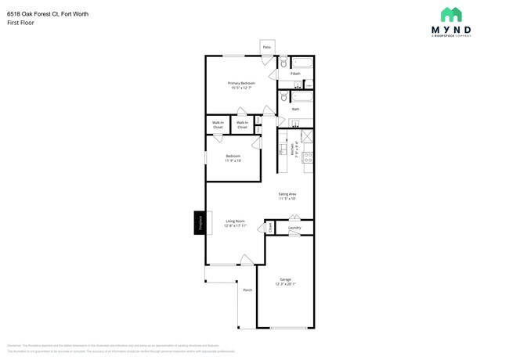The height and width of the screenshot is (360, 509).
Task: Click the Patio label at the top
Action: [267, 47]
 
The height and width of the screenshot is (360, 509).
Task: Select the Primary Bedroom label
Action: [241, 83]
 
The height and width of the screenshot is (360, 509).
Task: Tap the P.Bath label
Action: [295, 74]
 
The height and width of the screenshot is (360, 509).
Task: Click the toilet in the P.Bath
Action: [283, 64]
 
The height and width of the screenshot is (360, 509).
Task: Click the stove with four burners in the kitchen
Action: [308, 157]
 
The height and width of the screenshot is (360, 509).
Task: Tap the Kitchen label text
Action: [293, 150]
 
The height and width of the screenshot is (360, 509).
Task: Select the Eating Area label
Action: [287, 194]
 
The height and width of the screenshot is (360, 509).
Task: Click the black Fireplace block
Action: [200, 222]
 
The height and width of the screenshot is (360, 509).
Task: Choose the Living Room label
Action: [235, 221]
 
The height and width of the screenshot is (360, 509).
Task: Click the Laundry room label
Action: [294, 229]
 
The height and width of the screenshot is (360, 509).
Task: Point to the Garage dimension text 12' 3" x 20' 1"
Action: [286, 284]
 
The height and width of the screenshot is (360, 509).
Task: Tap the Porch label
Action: [247, 290]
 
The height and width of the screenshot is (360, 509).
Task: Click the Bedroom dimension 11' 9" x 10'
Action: [233, 161]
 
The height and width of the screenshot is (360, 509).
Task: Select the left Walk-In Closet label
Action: [218, 124]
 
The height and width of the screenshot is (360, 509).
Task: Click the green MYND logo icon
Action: [451, 15]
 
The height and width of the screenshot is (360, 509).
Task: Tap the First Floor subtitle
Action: [20, 23]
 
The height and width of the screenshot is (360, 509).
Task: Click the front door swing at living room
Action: [246, 259]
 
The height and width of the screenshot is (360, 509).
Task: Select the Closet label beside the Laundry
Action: [270, 228]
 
